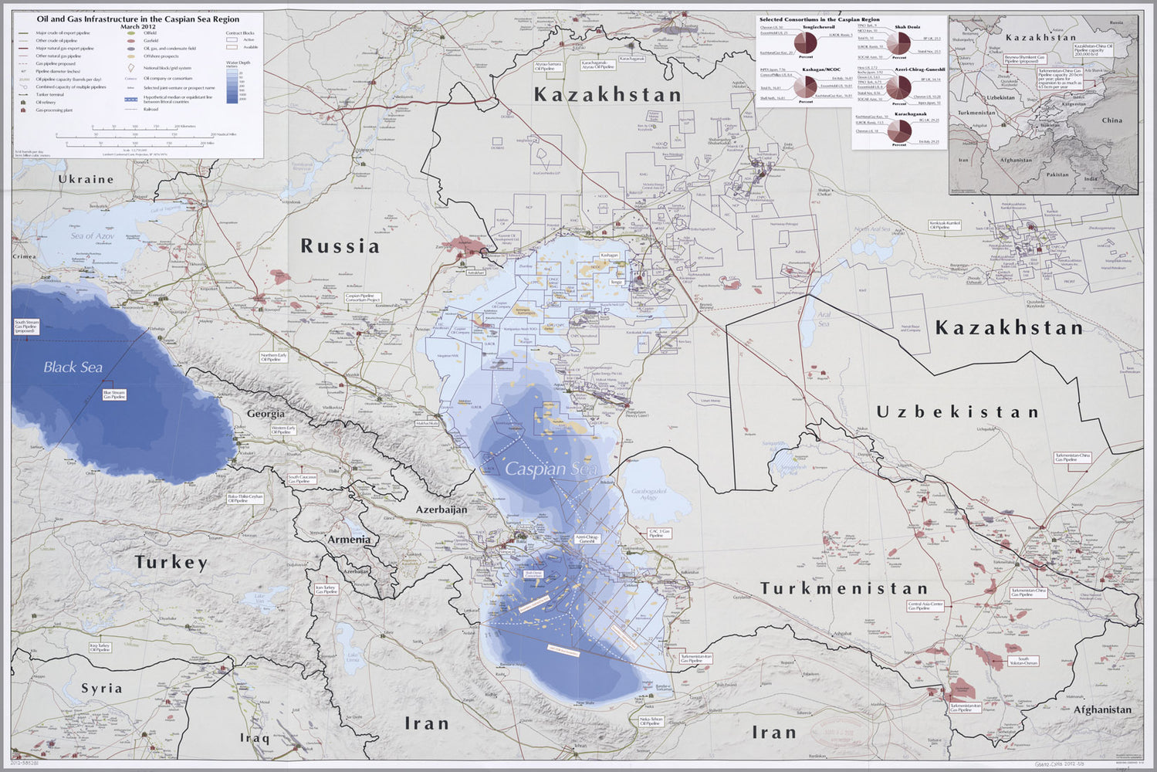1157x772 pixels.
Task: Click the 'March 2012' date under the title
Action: [138, 26]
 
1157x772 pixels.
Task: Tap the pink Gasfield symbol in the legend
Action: [130, 41]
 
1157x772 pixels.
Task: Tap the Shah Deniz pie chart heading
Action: [907, 26]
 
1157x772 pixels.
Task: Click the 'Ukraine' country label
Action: [86, 179]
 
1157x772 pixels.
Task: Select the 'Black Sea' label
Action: [73, 367]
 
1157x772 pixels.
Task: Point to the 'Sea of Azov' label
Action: [93, 235]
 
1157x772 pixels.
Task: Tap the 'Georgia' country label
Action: [266, 414]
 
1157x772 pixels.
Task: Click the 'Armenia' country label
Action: [349, 540]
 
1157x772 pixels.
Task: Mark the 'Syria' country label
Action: [102, 688]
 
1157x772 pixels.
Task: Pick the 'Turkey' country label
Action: [171, 562]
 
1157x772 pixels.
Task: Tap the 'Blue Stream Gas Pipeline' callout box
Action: [114, 394]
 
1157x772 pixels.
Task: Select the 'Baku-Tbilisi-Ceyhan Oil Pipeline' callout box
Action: [245, 499]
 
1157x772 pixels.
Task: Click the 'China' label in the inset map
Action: [1111, 120]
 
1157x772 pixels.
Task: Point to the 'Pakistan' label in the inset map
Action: [1057, 174]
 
